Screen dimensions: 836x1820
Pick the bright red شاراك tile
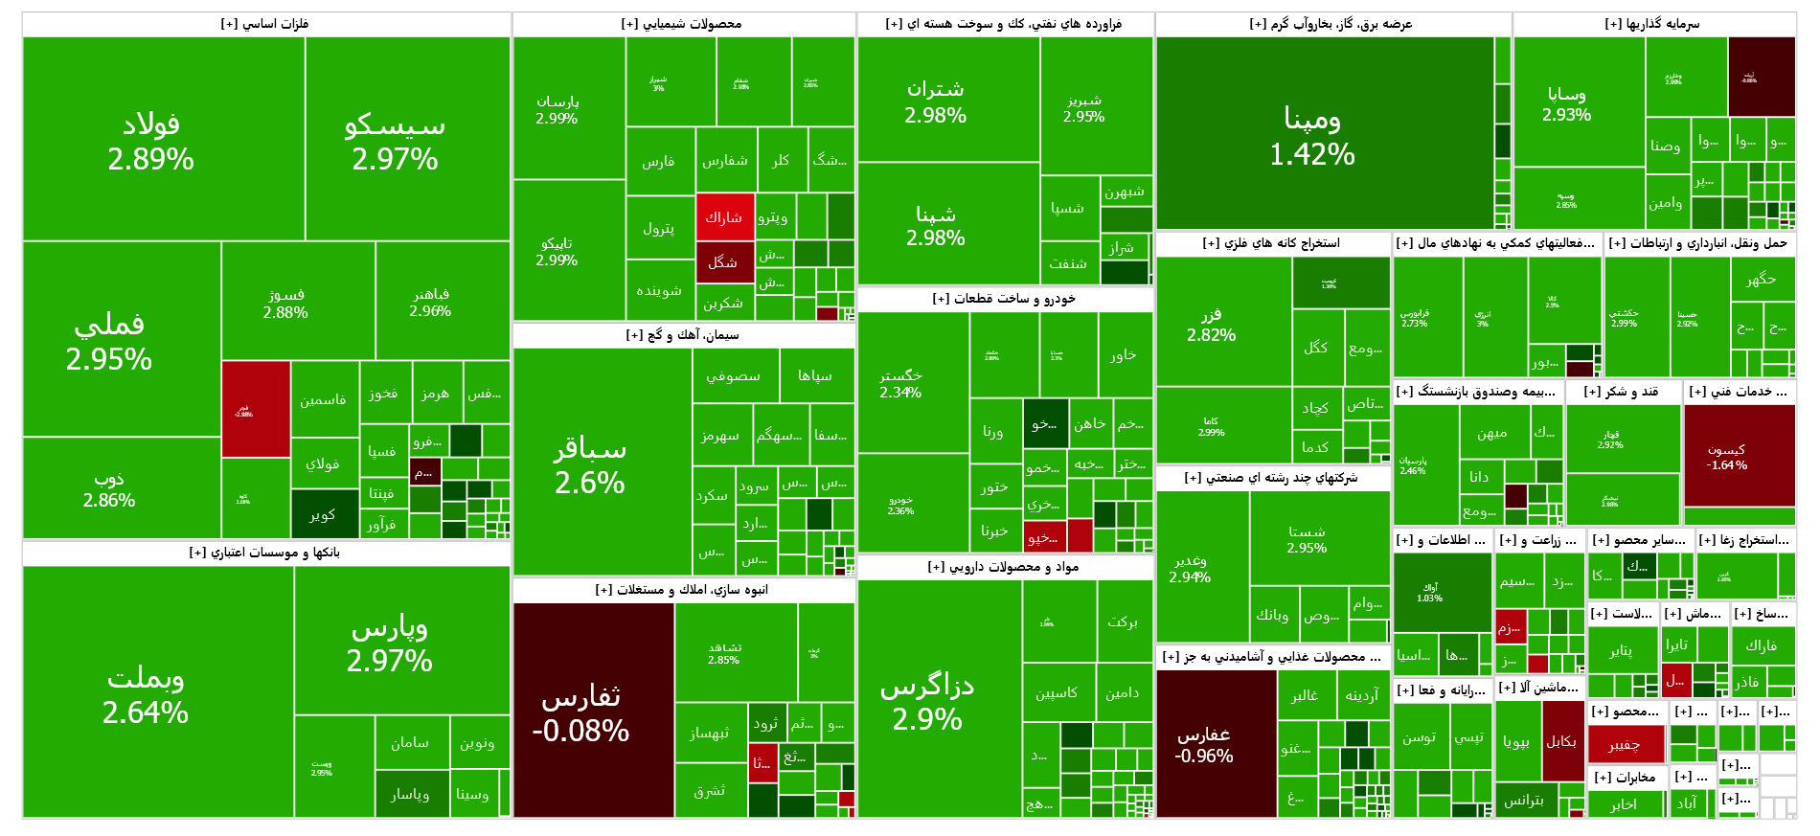[x=724, y=217]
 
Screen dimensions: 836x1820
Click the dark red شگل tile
[x=724, y=261]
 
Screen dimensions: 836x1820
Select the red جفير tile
[x=1626, y=744]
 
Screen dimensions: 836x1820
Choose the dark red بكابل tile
[x=1562, y=740]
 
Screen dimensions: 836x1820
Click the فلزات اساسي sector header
[x=265, y=24]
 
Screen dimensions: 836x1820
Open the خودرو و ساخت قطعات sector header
[x=1004, y=299]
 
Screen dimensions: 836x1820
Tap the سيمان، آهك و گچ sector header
[x=682, y=335]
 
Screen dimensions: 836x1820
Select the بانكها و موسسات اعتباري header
[x=265, y=553]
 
